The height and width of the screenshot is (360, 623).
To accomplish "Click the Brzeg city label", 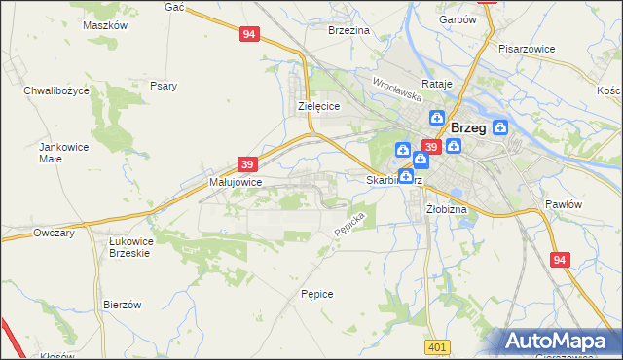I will [469, 127].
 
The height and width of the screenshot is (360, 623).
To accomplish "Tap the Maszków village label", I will [106, 25].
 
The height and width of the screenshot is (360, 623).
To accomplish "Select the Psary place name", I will [164, 86].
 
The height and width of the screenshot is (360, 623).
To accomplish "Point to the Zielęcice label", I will [318, 107].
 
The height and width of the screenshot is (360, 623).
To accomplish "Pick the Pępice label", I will [317, 293].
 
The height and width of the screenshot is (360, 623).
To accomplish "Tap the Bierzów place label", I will [123, 305].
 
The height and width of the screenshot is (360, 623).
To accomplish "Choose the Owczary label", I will [55, 234].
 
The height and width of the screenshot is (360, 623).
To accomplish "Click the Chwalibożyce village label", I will [56, 90].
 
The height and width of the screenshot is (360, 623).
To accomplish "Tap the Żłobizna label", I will [447, 209].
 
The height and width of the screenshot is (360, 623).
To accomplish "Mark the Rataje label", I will [437, 84].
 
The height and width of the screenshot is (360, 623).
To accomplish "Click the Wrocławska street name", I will [394, 90].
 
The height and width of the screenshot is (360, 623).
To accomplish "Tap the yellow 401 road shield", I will [438, 346].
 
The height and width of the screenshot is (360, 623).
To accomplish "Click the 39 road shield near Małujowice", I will [247, 165].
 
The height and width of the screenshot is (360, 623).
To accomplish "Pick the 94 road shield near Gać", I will [249, 34].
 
